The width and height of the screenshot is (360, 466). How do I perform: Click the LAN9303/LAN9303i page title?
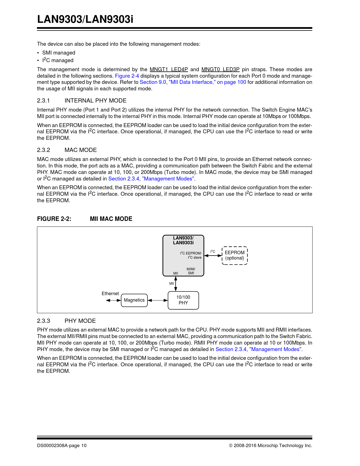click(x=85, y=19)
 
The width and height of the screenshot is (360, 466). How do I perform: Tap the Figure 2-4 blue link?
click(x=127, y=76)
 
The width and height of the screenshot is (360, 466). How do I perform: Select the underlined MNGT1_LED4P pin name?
click(x=169, y=69)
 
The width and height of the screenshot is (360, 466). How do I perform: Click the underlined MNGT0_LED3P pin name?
click(x=220, y=69)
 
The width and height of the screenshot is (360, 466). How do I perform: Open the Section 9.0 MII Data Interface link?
click(x=193, y=82)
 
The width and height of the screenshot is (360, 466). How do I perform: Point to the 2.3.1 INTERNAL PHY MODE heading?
click(x=82, y=101)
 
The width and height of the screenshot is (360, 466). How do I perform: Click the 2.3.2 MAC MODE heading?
click(x=67, y=150)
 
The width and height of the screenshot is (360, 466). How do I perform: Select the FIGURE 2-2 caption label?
click(x=54, y=219)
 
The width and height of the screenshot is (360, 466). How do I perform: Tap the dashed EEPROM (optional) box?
click(x=235, y=255)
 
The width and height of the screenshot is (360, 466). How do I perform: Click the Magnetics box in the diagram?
click(x=134, y=300)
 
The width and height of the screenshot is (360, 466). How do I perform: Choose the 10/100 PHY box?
click(x=183, y=300)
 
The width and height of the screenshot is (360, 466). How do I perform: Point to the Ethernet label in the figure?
click(x=110, y=294)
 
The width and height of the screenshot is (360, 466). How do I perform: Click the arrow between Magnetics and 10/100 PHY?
click(x=158, y=300)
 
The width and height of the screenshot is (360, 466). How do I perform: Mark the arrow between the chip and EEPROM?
click(x=213, y=256)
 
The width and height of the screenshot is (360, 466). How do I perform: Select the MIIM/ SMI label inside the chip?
click(x=191, y=271)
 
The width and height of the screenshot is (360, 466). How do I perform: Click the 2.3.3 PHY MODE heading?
click(x=66, y=321)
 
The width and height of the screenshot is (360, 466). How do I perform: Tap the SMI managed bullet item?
click(x=59, y=53)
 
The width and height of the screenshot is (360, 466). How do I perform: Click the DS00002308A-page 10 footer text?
click(x=62, y=446)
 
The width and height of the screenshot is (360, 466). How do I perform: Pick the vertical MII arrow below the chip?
click(x=176, y=284)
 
